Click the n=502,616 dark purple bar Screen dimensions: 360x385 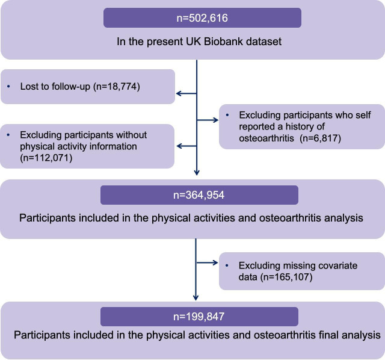[202, 18]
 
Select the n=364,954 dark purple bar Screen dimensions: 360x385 [200, 195]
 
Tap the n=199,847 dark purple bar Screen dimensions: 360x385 [200, 317]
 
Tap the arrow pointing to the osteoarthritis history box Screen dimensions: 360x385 [214, 120]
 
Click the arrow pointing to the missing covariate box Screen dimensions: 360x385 [214, 262]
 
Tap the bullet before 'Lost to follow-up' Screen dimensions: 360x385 [9, 87]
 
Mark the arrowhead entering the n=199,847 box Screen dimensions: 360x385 [196, 297]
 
